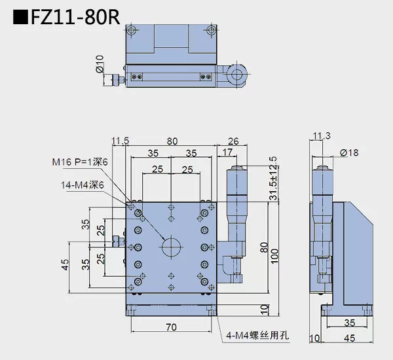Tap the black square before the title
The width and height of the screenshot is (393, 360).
pyautogui.click(x=20, y=17)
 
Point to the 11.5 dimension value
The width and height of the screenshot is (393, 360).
pyautogui.click(x=121, y=141)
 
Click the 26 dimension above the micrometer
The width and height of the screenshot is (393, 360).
pyautogui.click(x=233, y=141)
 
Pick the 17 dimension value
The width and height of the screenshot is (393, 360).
pyautogui.click(x=228, y=153)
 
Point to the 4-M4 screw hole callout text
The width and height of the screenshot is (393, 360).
pyautogui.click(x=257, y=336)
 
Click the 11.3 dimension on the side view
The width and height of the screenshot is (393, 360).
pyautogui.click(x=322, y=136)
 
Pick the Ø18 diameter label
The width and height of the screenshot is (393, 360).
pyautogui.click(x=349, y=153)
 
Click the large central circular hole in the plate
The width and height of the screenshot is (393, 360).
pyautogui.click(x=172, y=247)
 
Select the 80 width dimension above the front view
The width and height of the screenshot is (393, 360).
pyautogui.click(x=172, y=141)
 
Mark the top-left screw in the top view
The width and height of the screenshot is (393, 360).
pyautogui.click(x=132, y=30)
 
